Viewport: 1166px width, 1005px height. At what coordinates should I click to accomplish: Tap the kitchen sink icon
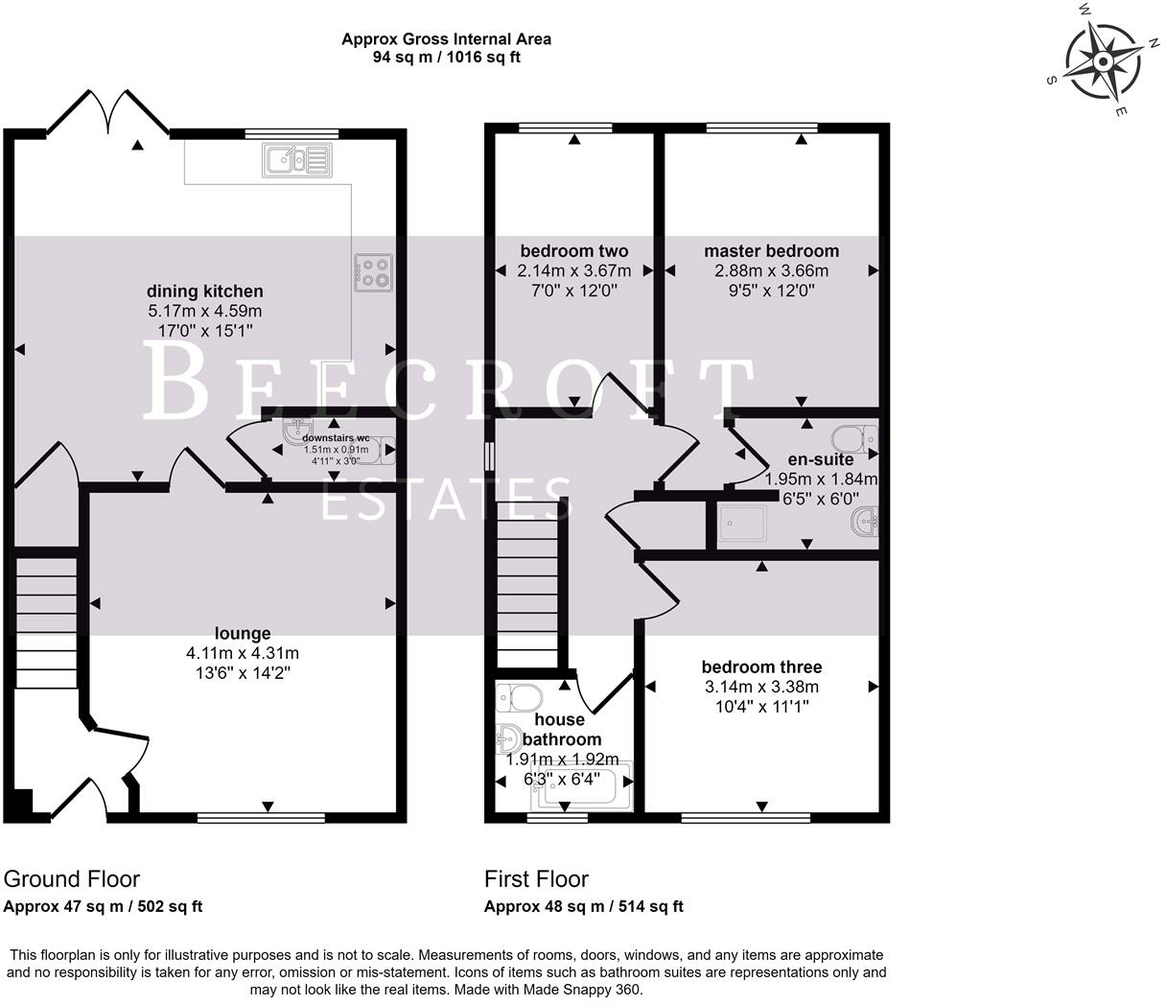pyautogui.click(x=294, y=159)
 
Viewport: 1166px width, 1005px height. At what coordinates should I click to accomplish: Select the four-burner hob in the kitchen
pyautogui.click(x=372, y=271)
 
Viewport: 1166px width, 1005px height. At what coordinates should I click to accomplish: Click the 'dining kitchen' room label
pyautogui.click(x=204, y=292)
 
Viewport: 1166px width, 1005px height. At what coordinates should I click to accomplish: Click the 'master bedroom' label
pyautogui.click(x=771, y=251)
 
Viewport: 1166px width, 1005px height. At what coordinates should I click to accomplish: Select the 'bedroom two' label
pyautogui.click(x=573, y=251)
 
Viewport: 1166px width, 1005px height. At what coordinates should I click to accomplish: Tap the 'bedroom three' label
pyautogui.click(x=761, y=667)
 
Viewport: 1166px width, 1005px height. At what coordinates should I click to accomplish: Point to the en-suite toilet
pyautogui.click(x=854, y=439)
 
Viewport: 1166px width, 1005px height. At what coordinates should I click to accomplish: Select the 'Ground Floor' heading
pyautogui.click(x=72, y=879)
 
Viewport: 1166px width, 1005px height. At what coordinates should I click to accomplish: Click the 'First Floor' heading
pyautogui.click(x=536, y=879)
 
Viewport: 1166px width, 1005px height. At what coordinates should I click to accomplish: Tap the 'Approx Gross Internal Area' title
pyautogui.click(x=446, y=39)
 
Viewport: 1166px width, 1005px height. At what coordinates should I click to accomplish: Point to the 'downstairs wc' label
pyautogui.click(x=336, y=437)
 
